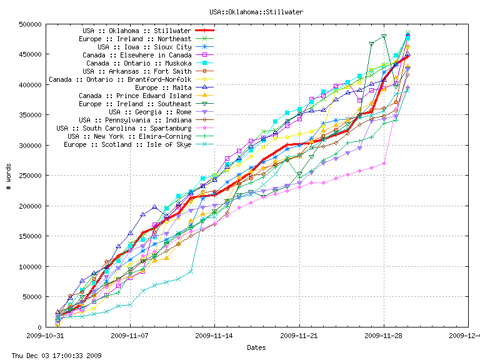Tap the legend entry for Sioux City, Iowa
pos(144,47)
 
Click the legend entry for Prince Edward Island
pos(135,96)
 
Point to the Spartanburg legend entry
pos(124,128)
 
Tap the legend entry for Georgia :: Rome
pos(150,112)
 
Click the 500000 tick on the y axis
pos(30,24)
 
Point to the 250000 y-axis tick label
pos(30,176)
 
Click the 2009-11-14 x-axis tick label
pos(214,336)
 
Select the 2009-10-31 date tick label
pos(45,336)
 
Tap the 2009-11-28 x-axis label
pos(384,336)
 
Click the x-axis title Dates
pos(256,347)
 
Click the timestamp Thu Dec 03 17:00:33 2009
pos(52,355)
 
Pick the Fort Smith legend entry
pos(137,71)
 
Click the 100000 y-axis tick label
pos(30,266)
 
